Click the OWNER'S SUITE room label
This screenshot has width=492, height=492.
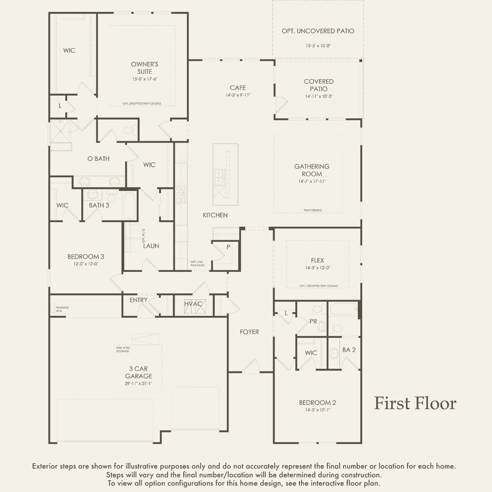coord(144,68)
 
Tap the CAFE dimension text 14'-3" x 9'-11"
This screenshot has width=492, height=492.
coord(238,95)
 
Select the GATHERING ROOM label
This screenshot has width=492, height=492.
coord(312,170)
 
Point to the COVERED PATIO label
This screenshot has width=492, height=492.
coord(319,85)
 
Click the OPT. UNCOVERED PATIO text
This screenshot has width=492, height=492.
coord(318,31)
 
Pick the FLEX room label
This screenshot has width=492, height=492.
coord(317,260)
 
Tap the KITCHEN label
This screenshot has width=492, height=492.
coord(215,215)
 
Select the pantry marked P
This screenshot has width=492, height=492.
coord(228,247)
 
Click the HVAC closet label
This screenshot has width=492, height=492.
coord(193,304)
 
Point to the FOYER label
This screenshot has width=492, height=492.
coord(249,332)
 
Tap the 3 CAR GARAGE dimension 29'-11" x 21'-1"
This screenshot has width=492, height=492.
coord(138,384)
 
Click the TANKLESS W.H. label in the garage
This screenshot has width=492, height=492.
coord(62,309)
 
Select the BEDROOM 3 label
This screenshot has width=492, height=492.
coord(86,257)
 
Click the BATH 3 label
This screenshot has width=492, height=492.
coord(99,205)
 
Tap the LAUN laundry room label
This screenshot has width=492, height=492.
coord(151,246)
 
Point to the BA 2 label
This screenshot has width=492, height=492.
coord(349,350)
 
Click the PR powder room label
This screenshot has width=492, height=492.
coord(313,321)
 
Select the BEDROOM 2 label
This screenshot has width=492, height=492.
coord(317,402)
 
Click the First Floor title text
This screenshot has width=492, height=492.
coord(415,403)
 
